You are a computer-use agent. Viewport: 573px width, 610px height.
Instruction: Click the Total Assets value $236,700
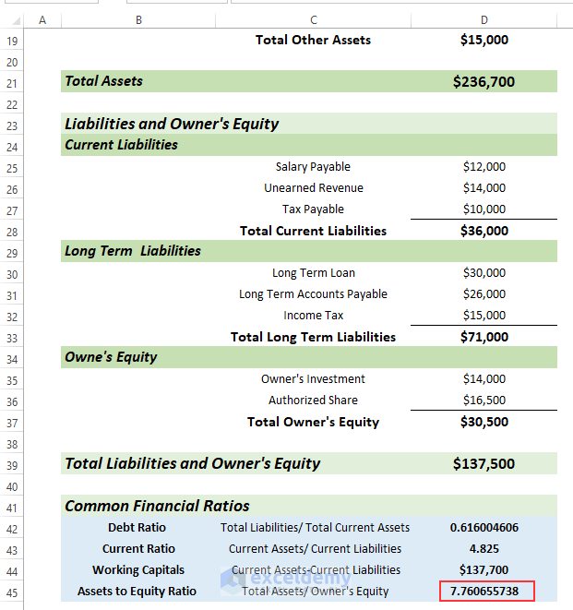(483, 82)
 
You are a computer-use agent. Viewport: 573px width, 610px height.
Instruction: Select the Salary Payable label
(313, 167)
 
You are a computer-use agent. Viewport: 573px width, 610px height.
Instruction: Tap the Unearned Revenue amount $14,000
(483, 188)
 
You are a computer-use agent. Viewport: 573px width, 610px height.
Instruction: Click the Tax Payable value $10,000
(483, 209)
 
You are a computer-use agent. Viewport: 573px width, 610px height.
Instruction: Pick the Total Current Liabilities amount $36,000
(483, 231)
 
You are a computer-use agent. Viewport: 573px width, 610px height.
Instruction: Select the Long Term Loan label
(313, 273)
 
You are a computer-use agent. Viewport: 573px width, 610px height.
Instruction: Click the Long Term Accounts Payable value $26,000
(483, 294)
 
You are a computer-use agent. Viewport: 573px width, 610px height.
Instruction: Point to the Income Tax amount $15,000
(483, 316)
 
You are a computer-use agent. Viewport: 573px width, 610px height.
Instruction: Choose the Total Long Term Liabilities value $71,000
(483, 337)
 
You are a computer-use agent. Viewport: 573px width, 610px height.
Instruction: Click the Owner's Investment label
(313, 379)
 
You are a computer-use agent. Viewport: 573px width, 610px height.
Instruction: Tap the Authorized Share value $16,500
(483, 401)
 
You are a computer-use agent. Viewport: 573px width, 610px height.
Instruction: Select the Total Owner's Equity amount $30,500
(483, 422)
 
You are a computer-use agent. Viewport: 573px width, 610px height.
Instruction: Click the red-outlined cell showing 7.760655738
(485, 592)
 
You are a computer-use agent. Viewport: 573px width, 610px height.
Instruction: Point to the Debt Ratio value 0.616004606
(483, 528)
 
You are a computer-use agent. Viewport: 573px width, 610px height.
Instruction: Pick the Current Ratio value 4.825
(483, 549)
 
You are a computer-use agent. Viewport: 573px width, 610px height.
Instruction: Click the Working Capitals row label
(137, 570)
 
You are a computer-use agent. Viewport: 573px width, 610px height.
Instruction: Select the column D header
(483, 19)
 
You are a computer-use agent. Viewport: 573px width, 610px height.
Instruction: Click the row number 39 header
(12, 464)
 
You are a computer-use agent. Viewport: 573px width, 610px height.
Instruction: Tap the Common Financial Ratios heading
(157, 506)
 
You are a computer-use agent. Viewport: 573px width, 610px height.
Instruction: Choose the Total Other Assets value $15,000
(483, 40)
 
